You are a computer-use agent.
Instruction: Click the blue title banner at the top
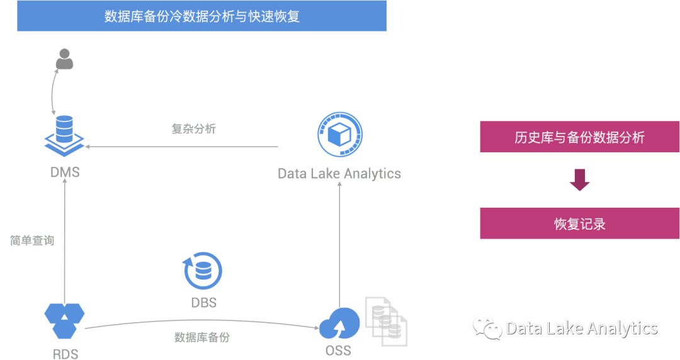(201, 16)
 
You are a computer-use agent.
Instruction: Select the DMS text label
(65, 172)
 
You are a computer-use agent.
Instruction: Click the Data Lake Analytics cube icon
(339, 135)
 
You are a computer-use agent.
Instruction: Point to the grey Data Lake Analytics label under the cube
(339, 174)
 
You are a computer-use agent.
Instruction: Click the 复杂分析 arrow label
(193, 129)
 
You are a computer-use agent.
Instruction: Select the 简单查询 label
(32, 240)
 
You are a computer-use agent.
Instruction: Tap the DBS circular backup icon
(203, 271)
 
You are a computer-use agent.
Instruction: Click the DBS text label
(203, 303)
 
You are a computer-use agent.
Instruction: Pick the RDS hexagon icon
(64, 320)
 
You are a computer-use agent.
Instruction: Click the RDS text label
(65, 354)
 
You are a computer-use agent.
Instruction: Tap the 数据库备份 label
(202, 337)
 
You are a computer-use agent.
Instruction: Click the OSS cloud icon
(339, 323)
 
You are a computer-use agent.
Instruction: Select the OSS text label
(338, 351)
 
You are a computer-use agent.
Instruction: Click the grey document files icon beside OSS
(386, 321)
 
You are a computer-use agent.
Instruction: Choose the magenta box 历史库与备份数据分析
(579, 137)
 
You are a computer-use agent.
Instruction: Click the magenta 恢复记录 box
(579, 223)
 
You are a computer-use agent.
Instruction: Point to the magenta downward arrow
(579, 180)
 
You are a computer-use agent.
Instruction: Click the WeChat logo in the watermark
(487, 328)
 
